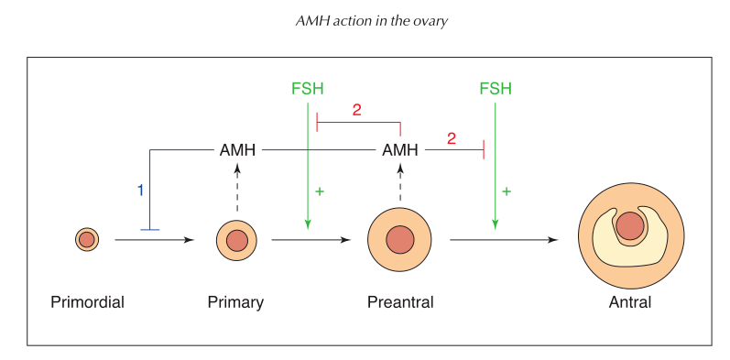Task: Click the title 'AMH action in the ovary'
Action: [x=365, y=20]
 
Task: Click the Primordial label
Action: [x=87, y=302]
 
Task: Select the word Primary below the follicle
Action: [x=235, y=302]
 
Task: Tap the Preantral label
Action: [x=400, y=302]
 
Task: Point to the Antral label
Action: [x=629, y=302]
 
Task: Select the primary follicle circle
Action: [x=236, y=241]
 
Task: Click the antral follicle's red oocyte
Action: [x=629, y=225]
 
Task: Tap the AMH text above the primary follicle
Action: [x=237, y=150]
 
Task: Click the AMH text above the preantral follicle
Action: [x=400, y=150]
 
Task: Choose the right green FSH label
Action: [x=496, y=89]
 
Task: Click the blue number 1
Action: [x=140, y=191]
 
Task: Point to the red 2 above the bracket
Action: [x=356, y=110]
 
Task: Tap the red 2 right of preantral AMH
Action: [x=451, y=138]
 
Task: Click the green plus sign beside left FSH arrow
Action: [x=320, y=191]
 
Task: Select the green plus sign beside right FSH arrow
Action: [x=507, y=191]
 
